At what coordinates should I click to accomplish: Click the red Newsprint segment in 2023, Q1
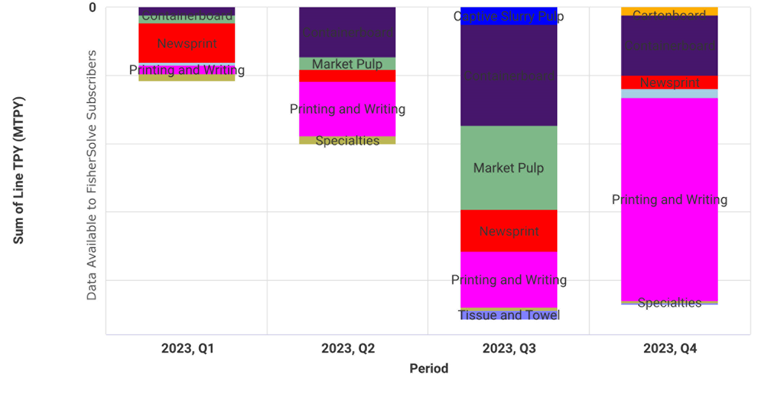[x=187, y=43]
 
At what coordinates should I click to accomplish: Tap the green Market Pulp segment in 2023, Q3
[x=509, y=168]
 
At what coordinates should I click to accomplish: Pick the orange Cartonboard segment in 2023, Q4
[x=669, y=11]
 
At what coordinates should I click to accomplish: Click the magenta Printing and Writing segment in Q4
[x=669, y=199]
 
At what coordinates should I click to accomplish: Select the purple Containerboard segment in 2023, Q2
[x=347, y=32]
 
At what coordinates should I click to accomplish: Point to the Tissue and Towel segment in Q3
[x=509, y=315]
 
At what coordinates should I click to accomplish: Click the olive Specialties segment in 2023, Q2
[x=347, y=140]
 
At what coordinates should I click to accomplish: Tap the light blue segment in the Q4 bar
[x=669, y=93]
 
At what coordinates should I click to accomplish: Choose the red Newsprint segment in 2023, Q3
[x=509, y=231]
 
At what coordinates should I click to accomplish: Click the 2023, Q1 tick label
[x=187, y=348]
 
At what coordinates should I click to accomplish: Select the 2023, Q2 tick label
[x=348, y=348]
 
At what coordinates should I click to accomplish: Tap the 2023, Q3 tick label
[x=509, y=348]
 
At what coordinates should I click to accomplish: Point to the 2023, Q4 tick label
[x=670, y=348]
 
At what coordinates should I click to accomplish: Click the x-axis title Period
[x=429, y=368]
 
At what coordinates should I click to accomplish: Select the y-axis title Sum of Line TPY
[x=18, y=170]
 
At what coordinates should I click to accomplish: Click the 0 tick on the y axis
[x=92, y=7]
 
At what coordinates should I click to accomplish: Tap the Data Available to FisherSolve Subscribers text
[x=92, y=175]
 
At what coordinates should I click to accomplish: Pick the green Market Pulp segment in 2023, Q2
[x=347, y=64]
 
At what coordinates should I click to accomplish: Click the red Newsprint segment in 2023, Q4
[x=669, y=83]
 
